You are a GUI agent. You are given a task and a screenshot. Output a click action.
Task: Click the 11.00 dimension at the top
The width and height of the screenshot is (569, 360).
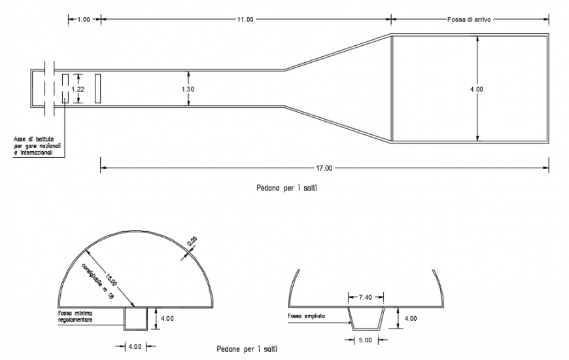pos(245,20)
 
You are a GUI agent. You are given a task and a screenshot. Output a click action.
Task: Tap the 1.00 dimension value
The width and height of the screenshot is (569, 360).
pos(84,20)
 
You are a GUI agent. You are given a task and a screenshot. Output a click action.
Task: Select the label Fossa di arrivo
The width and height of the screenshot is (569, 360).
pos(469,20)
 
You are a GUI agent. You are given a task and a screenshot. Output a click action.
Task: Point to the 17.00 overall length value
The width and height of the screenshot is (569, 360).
pos(324,168)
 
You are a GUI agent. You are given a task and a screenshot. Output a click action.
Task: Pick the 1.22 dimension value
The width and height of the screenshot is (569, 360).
pos(78,89)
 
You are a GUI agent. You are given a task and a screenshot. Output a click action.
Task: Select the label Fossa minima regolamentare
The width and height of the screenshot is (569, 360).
pos(78,316)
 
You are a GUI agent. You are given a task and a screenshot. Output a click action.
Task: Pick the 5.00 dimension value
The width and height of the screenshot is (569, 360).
pos(365,340)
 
